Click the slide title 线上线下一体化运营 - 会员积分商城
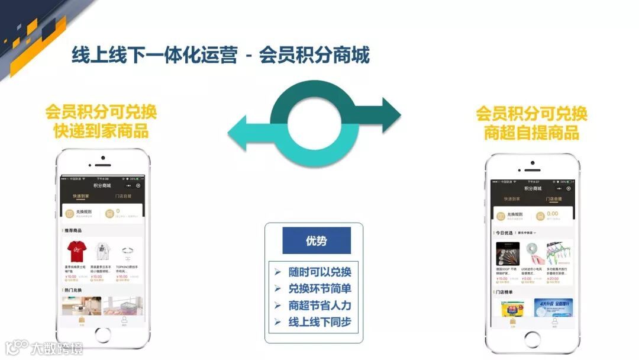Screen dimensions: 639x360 tap(220, 56)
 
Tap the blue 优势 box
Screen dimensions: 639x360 tap(316, 240)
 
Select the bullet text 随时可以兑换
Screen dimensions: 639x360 tap(319, 272)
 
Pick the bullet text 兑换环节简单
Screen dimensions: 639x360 tap(319, 289)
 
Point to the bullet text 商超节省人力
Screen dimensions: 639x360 tap(319, 306)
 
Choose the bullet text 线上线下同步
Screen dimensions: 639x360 tap(319, 322)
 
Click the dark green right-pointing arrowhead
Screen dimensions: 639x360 tap(389, 112)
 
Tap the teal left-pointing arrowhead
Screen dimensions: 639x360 tap(240, 132)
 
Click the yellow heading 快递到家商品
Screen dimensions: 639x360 tap(101, 131)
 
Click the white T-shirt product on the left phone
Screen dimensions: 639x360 tap(100, 252)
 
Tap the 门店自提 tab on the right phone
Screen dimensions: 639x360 tap(553, 200)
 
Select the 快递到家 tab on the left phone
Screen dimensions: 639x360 tap(81, 195)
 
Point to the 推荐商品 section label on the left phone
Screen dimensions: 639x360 tap(73, 230)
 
